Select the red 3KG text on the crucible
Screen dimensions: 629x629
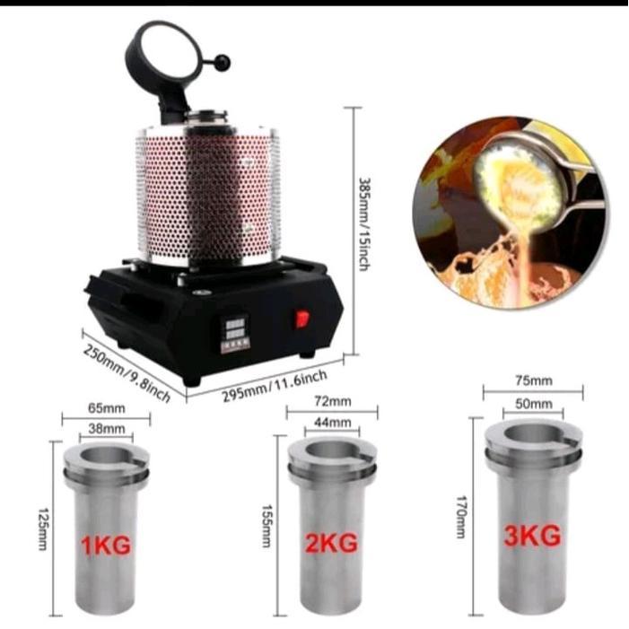click(x=533, y=536)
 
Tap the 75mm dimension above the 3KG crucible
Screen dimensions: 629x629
click(x=534, y=380)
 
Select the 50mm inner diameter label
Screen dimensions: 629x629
click(x=534, y=405)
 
